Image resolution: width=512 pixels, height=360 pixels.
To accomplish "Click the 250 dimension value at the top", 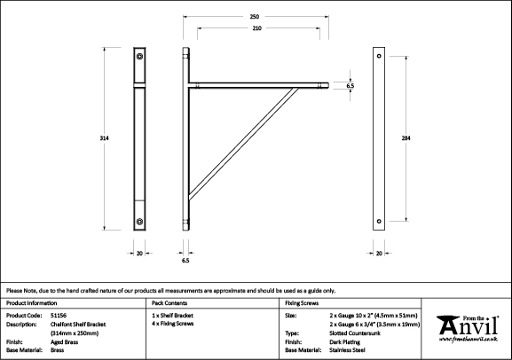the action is pos(255,17).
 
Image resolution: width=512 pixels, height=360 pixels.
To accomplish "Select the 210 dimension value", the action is pos(257,28).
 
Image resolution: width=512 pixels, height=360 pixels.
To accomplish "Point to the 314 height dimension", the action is pos(104,138).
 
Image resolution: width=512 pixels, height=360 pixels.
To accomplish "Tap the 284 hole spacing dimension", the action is pos(406,138).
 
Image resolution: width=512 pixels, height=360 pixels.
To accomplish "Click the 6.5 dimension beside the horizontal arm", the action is pos(350,86).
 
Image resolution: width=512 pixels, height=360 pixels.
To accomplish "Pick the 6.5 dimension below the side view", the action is pos(185,261).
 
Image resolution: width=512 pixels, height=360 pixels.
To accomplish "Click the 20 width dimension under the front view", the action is pos(139,254).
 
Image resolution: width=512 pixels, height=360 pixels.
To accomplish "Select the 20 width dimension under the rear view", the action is pos(379,254).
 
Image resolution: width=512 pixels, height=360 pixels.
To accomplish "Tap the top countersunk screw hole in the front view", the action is pos(139,57).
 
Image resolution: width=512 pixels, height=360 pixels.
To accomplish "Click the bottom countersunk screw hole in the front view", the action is pos(139,222).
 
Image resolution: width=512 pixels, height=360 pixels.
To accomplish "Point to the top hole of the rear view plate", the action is pos(379,56).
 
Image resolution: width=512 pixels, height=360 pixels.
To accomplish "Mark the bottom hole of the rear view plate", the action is pos(379,222).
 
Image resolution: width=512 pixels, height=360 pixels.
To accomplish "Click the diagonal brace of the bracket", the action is pos(243,144).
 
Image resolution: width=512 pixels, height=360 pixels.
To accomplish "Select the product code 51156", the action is pos(59,316).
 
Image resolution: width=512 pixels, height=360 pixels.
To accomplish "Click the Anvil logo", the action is pos(468,329).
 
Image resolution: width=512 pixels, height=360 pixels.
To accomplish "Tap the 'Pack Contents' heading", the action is pos(169,303).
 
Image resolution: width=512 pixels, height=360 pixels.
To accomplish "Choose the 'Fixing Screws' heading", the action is pos(302,303).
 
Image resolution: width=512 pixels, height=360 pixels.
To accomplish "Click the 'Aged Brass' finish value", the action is pos(64,342).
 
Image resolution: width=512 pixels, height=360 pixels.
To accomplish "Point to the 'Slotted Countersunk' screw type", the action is pos(355,333).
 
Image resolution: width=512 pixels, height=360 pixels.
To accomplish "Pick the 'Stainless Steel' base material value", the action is pos(348,350).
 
